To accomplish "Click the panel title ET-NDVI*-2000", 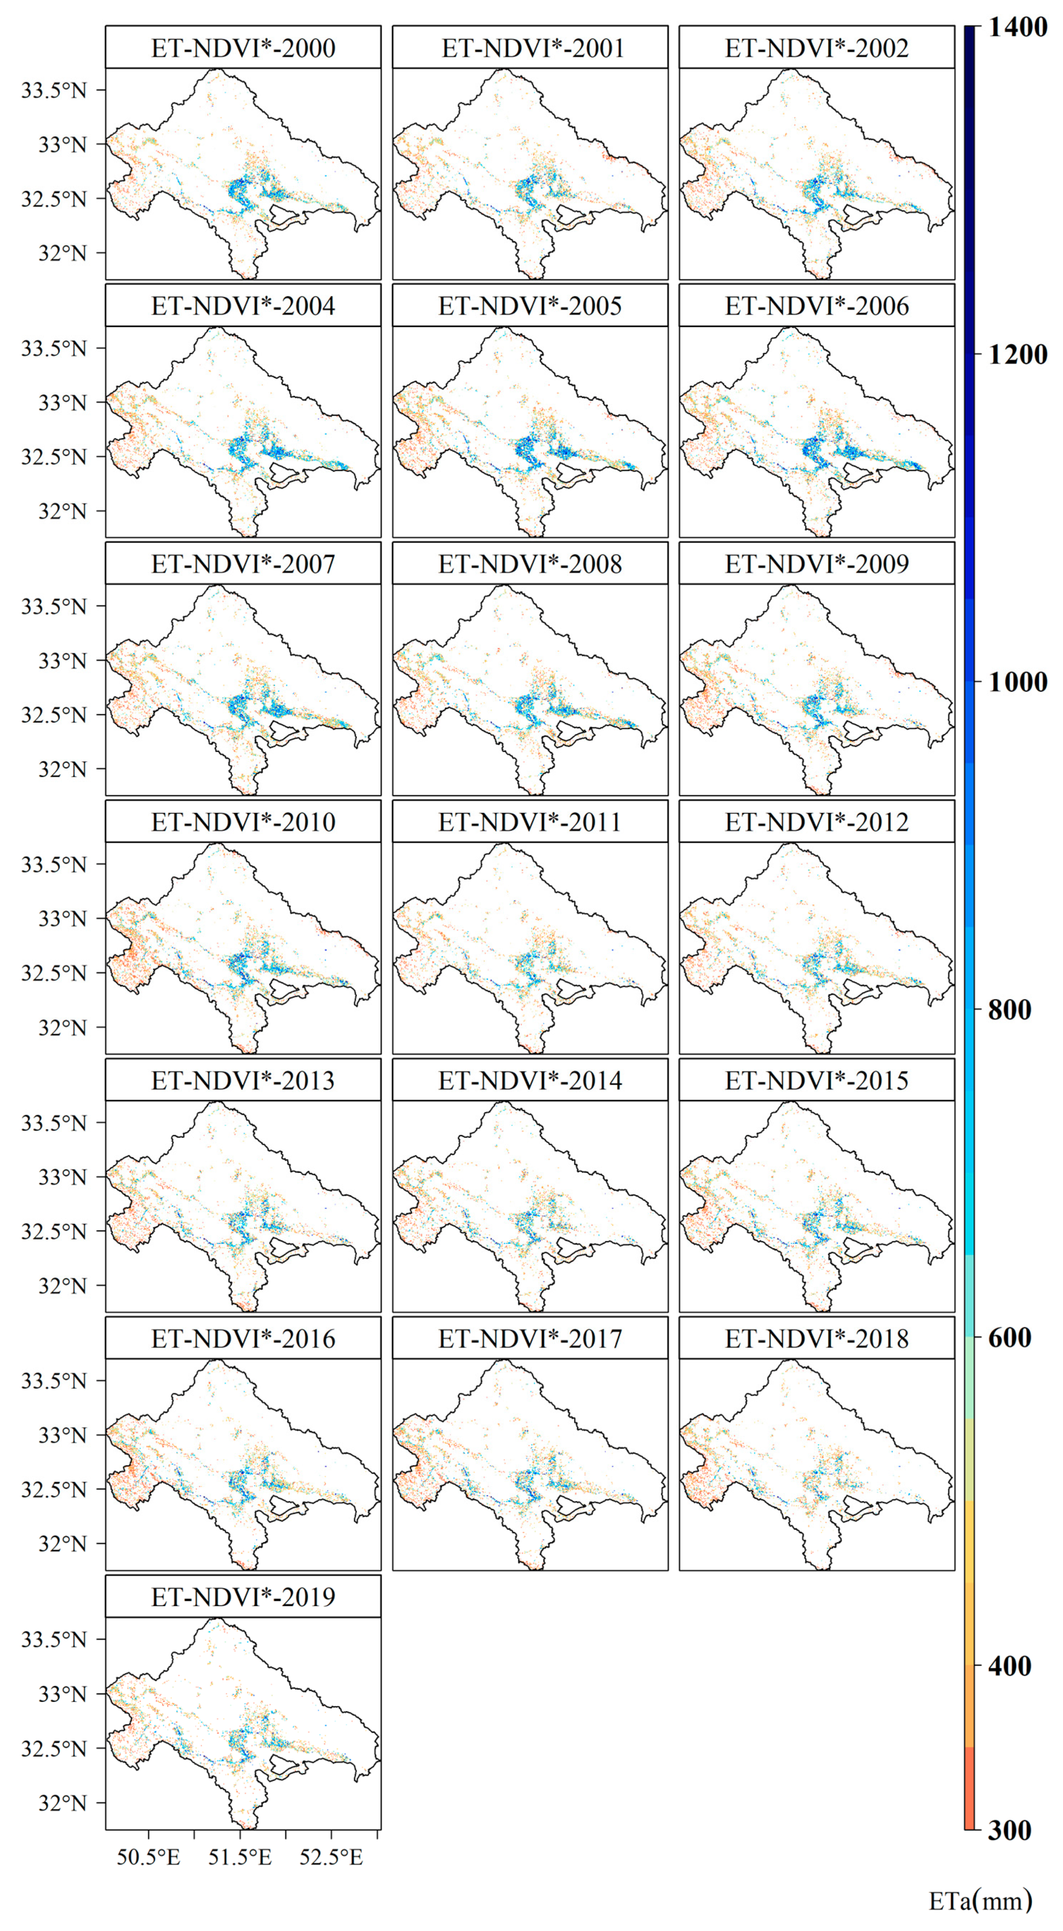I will pyautogui.click(x=243, y=48).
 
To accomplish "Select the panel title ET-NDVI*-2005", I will pyautogui.click(x=530, y=306).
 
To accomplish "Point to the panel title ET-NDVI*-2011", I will pyautogui.click(x=530, y=822).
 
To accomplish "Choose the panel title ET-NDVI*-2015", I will pyautogui.click(x=817, y=1080).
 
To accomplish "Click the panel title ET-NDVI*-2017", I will pyautogui.click(x=530, y=1338).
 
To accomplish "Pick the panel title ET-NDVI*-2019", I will pyautogui.click(x=243, y=1597).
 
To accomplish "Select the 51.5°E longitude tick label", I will pyautogui.click(x=240, y=1857).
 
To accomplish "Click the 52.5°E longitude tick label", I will pyautogui.click(x=331, y=1857).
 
